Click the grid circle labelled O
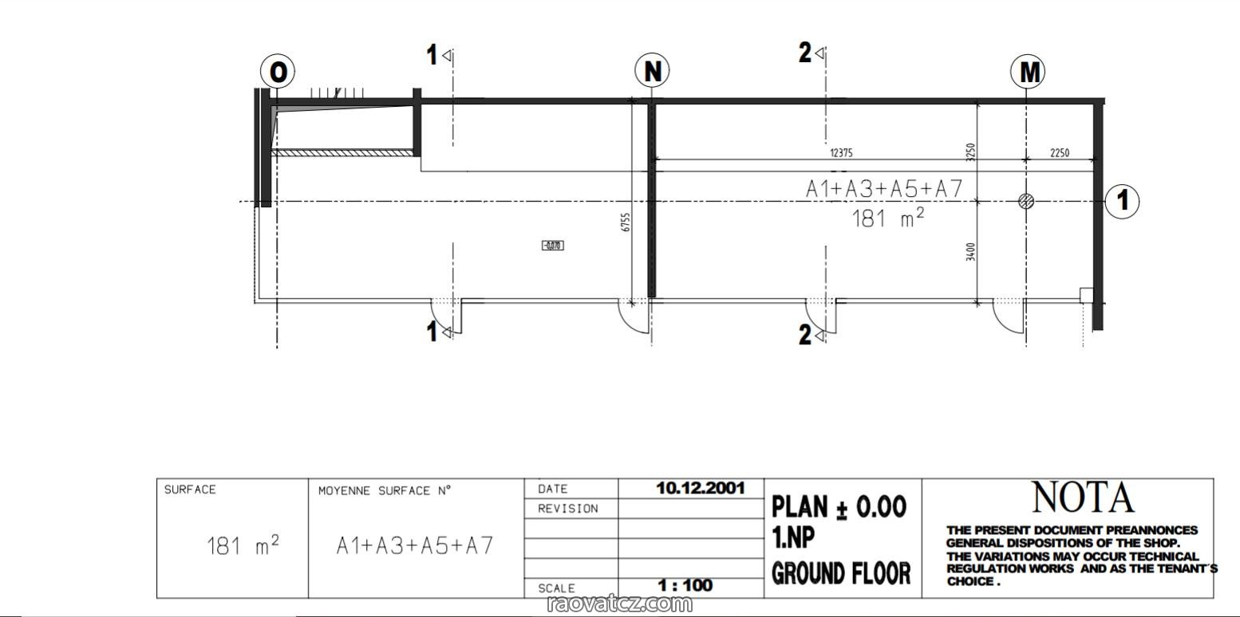[278, 71]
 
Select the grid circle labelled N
[652, 70]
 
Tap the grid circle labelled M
[1028, 71]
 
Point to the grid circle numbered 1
[1122, 201]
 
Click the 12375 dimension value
[841, 153]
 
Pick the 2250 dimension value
[1060, 153]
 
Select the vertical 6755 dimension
[626, 222]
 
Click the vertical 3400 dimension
[970, 252]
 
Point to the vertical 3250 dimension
[970, 152]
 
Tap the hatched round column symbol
[1026, 201]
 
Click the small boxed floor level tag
[552, 246]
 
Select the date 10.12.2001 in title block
[701, 488]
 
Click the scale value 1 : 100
[685, 585]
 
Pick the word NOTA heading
[1083, 497]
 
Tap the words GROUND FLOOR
[841, 573]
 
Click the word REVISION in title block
[568, 509]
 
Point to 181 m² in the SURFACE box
[243, 545]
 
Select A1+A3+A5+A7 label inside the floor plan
[884, 189]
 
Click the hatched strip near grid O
[342, 152]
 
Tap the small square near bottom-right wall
[1087, 295]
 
